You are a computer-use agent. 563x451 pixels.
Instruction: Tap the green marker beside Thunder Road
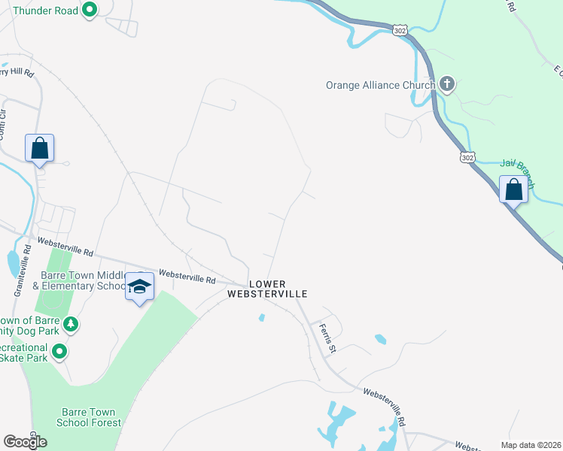pos(90,11)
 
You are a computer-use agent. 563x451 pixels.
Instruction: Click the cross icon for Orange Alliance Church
pos(447,84)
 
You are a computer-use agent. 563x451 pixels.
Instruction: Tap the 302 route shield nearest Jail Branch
pos(467,157)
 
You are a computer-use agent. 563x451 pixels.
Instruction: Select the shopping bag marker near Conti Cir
pos(39,147)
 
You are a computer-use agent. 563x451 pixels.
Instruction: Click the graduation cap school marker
pos(140,286)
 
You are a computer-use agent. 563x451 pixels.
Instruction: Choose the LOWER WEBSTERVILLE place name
pos(268,288)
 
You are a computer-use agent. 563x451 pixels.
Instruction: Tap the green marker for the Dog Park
pos(70,325)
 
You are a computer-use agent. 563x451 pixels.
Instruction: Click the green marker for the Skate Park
pos(59,351)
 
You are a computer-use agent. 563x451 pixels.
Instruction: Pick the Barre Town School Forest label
pos(89,417)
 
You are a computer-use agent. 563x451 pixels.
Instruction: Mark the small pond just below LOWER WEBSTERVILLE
pos(261,318)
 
